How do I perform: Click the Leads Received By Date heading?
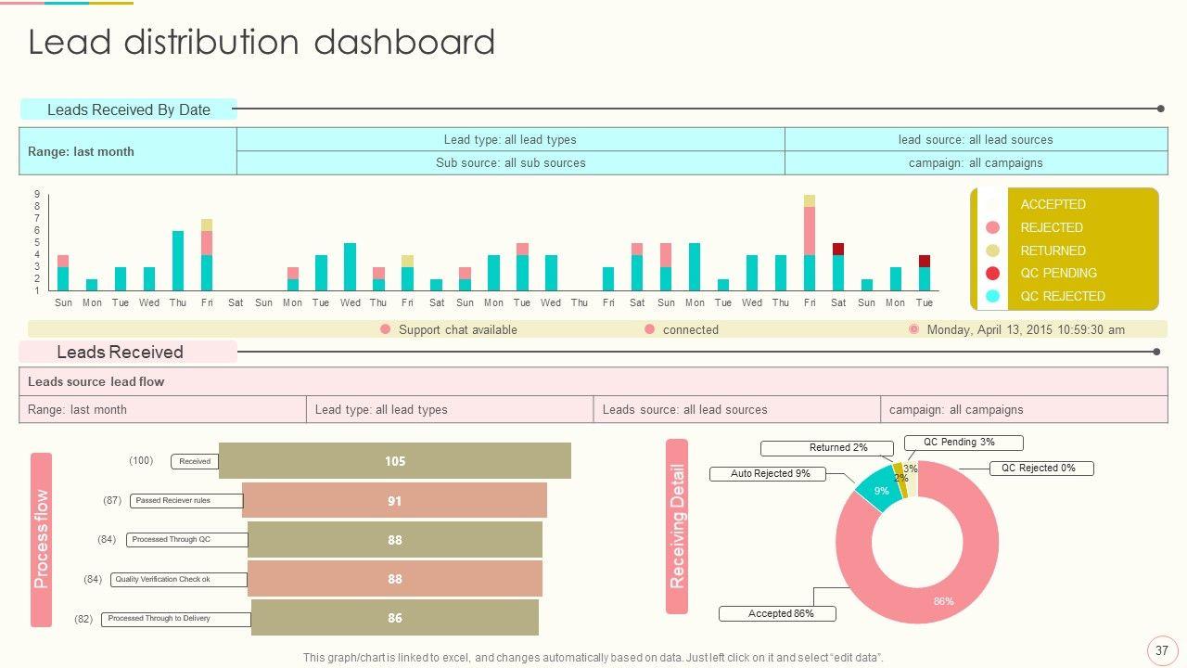pos(128,109)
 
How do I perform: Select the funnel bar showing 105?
pos(395,461)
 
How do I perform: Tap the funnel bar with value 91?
pos(395,501)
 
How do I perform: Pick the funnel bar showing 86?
pos(395,618)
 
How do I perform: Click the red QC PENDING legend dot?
pos(993,273)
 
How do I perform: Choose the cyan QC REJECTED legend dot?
pos(993,296)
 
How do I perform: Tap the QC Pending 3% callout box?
pos(959,443)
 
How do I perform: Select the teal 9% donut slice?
pos(878,489)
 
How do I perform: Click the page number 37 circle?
pos(1161,650)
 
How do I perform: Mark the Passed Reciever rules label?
pos(173,501)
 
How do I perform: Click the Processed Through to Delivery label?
pos(159,619)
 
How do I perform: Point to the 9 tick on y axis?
pos(37,194)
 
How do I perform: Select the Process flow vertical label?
pos(42,539)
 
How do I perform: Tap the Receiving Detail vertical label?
pos(677,526)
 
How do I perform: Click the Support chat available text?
pos(457,329)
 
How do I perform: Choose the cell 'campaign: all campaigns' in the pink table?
pos(1023,409)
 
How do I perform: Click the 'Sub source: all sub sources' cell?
pos(510,162)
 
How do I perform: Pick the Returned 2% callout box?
pos(827,448)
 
